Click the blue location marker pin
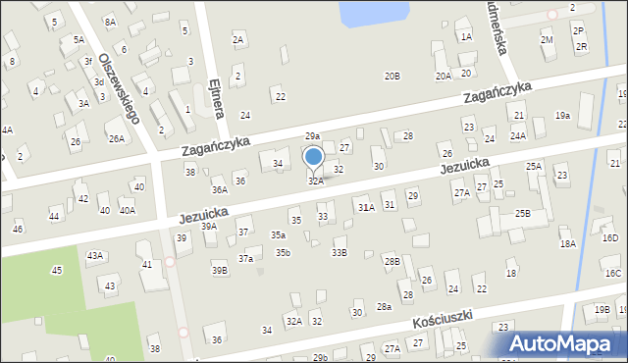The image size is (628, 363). pos(314,157)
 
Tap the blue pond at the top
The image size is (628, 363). pos(373,13)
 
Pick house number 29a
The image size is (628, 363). pos(312,136)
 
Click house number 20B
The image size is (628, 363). pos(392,76)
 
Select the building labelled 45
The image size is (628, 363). pos(57,270)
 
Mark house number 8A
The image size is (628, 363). pos(110,21)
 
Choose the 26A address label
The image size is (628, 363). pos(117,139)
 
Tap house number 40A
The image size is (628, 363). pos(128,210)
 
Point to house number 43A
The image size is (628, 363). pos(94,255)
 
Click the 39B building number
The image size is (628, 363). pos(219,270)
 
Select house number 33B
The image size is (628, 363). pos(339,253)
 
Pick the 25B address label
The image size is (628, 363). pos(522,213)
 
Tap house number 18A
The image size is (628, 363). pos(567,243)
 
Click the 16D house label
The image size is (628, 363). pos(610,237)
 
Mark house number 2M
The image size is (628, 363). pos(547,39)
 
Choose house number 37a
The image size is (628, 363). pos(245,258)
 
